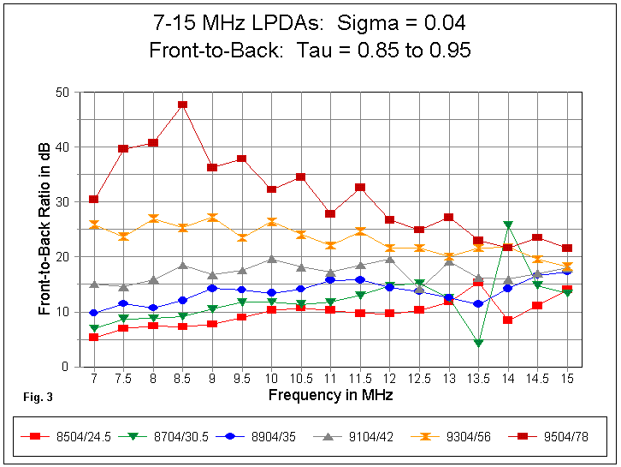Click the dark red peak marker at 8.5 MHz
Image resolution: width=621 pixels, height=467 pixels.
pos(182,105)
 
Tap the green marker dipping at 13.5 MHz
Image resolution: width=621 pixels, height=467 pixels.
pos(478,343)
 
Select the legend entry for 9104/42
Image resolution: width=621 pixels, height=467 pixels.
pos(354,436)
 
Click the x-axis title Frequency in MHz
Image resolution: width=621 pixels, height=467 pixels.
pos(330,395)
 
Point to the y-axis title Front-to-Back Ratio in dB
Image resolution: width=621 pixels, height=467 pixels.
pos(45,229)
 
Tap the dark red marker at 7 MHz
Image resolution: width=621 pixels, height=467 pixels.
pos(94,200)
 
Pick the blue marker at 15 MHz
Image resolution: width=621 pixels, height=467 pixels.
pos(566,271)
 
